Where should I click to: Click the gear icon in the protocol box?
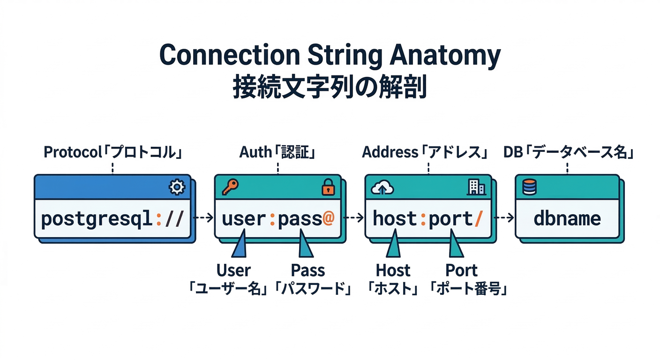pyautogui.click(x=176, y=188)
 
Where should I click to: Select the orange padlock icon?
pyautogui.click(x=328, y=188)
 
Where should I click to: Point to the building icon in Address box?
pyautogui.click(x=476, y=188)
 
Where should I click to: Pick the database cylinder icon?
pyautogui.click(x=529, y=188)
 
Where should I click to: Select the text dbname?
pyautogui.click(x=567, y=219)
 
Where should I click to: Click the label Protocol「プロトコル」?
pyautogui.click(x=112, y=152)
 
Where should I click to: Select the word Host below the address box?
pyautogui.click(x=393, y=270)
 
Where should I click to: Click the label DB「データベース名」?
pyautogui.click(x=569, y=152)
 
